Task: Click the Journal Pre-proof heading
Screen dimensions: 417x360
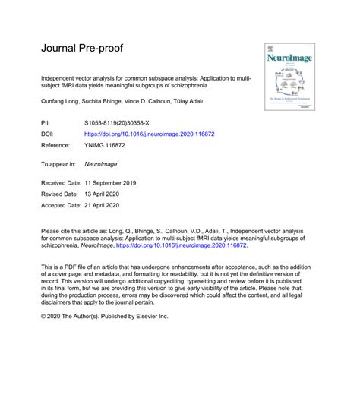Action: pyautogui.click(x=82, y=49)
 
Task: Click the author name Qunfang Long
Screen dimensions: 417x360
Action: pyautogui.click(x=61, y=100)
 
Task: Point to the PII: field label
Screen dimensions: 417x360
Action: pyautogui.click(x=47, y=122)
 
